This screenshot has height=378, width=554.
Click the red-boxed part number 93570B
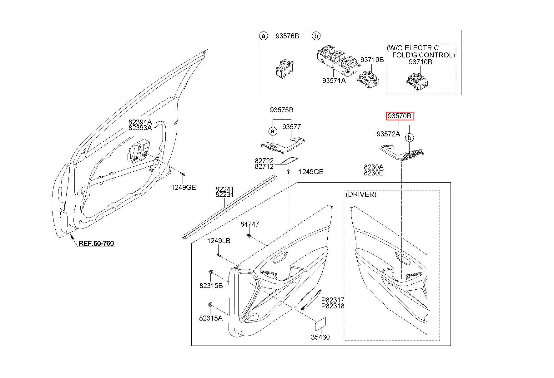400,116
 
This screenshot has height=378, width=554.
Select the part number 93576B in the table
287,36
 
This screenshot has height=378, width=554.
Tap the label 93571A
334,81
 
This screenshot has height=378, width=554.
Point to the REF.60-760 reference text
96,243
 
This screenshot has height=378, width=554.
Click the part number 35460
320,337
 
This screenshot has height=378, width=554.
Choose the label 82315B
211,286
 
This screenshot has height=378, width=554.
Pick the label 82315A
211,318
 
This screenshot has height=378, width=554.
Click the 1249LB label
219,241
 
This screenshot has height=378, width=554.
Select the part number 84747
249,224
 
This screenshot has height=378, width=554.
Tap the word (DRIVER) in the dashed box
361,194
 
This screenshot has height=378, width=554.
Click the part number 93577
291,127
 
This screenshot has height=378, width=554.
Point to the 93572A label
388,134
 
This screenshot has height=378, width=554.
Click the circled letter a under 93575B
273,131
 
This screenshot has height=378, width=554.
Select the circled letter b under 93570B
409,137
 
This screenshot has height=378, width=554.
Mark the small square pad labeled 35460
320,324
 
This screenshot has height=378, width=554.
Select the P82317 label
333,300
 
